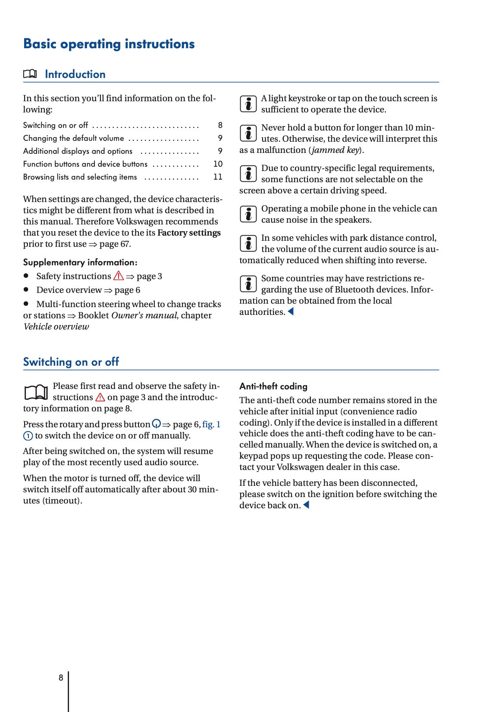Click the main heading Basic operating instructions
[109, 44]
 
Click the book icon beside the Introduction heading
[30, 74]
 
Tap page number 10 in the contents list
[218, 164]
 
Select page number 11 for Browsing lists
[218, 177]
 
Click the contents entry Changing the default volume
[73, 138]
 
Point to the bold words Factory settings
[189, 233]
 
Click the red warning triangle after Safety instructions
[119, 276]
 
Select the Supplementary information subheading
[80, 262]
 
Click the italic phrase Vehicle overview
[56, 327]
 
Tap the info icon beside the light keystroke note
[248, 104]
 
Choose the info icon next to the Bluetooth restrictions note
[248, 284]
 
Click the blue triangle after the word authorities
[291, 311]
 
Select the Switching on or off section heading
[71, 362]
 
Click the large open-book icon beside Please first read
[36, 392]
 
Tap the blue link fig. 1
[211, 425]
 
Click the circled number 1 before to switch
[28, 436]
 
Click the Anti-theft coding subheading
[273, 386]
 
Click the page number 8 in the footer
[61, 678]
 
